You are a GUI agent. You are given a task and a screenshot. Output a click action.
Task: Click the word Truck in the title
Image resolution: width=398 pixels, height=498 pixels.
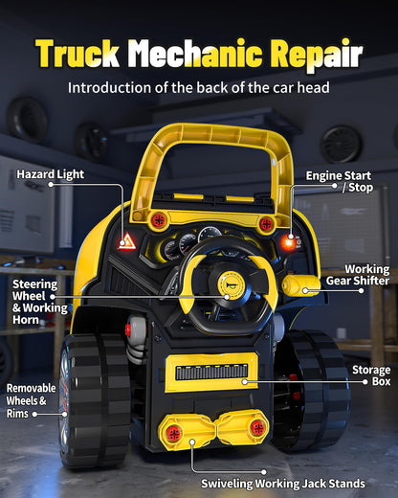[77, 54]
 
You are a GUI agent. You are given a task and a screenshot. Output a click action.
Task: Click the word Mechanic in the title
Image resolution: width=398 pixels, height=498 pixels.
[195, 53]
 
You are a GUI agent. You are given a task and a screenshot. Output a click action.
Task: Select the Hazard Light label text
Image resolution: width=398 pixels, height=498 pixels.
[51, 174]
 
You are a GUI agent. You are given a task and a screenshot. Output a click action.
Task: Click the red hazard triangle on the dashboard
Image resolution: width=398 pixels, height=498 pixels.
[127, 241]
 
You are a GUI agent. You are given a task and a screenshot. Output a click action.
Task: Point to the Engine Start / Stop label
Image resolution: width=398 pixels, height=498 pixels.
[339, 181]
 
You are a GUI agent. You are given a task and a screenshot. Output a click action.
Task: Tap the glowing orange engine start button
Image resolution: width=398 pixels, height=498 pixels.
[289, 241]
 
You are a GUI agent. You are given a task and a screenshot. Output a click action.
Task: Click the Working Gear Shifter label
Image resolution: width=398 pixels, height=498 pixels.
[358, 275]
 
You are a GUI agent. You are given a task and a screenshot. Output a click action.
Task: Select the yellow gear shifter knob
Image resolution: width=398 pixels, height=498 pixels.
[300, 284]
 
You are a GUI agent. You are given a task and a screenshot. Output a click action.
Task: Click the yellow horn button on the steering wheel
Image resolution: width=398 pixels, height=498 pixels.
[231, 284]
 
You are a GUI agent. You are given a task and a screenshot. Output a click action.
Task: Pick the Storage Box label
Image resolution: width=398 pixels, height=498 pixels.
[371, 375]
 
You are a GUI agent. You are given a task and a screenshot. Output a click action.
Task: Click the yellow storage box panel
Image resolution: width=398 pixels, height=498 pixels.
[211, 373]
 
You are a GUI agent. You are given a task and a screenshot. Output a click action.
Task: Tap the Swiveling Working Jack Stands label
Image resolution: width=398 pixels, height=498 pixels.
[283, 484]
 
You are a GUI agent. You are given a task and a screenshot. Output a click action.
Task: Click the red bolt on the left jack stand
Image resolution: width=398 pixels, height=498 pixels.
[174, 433]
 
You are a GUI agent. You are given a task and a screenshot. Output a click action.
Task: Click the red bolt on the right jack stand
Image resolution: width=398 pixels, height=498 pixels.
[257, 427]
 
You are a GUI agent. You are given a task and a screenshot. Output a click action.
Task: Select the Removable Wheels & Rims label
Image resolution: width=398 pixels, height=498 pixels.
[31, 400]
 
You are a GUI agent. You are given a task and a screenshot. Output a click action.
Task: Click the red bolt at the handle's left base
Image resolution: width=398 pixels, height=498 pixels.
[159, 220]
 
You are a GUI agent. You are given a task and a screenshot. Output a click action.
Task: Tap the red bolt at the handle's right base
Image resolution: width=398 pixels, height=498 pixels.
[266, 224]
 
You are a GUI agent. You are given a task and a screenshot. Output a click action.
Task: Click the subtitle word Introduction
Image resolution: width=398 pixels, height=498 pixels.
[109, 87]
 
